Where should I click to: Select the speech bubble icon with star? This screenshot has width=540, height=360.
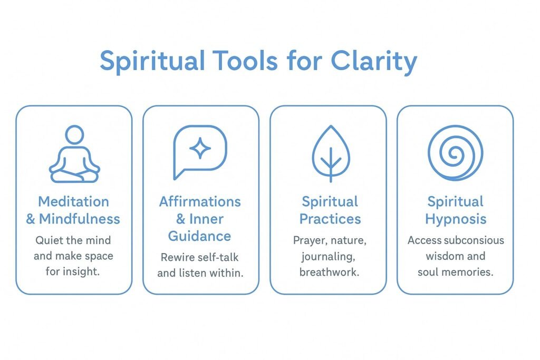(x=200, y=152)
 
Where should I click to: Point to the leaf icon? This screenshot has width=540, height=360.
(x=331, y=153)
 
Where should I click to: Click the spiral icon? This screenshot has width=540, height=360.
(x=455, y=153)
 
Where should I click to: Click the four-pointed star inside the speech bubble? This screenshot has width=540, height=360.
(x=200, y=149)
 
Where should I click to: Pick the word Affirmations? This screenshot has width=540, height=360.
(x=200, y=201)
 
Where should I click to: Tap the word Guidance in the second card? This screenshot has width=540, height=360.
(x=200, y=236)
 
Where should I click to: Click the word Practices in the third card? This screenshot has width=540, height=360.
(x=330, y=219)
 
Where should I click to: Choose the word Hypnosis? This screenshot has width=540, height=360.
(x=456, y=219)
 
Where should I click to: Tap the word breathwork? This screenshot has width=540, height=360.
(x=330, y=273)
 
